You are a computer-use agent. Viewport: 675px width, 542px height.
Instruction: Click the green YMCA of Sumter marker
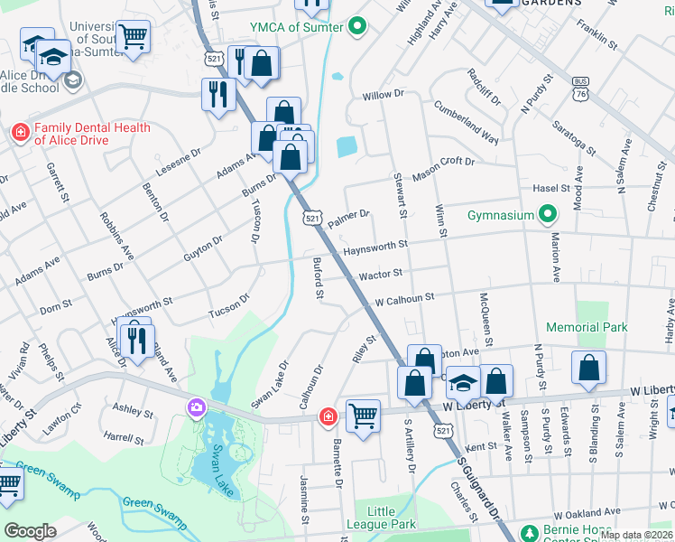(356, 26)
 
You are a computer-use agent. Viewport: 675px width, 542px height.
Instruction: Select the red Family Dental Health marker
(20, 133)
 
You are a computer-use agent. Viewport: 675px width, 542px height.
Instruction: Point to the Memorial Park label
(587, 327)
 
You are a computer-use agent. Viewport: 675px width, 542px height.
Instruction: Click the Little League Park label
(381, 518)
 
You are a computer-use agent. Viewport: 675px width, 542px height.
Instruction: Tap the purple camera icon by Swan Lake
(196, 408)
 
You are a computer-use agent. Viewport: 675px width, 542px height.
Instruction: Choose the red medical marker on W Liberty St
(329, 416)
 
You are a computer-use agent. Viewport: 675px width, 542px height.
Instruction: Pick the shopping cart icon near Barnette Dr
(363, 416)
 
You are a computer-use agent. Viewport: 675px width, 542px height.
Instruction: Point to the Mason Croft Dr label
(443, 167)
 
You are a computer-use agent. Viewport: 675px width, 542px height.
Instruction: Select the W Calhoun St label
(405, 296)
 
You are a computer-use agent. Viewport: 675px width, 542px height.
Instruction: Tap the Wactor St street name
(380, 273)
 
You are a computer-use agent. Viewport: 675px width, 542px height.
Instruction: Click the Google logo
(31, 531)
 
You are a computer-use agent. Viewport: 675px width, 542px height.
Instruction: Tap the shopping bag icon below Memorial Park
(588, 369)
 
